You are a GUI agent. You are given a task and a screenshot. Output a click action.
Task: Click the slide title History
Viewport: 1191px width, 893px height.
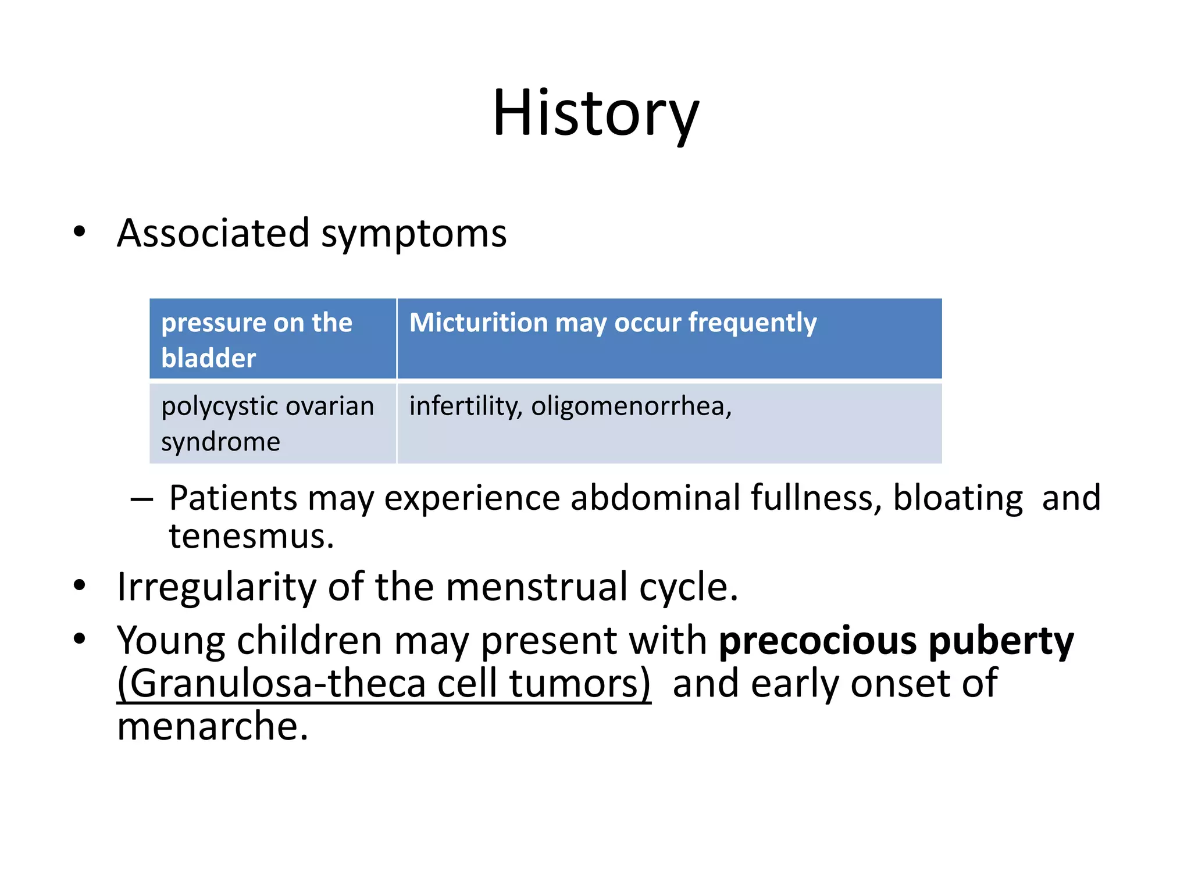[x=595, y=113]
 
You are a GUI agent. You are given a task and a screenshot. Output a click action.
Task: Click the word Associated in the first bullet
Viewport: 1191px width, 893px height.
[x=213, y=233]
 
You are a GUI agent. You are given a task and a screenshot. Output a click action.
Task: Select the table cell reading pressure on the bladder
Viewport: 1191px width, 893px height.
[x=272, y=340]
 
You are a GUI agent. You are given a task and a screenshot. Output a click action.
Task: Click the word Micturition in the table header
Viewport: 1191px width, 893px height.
[x=478, y=322]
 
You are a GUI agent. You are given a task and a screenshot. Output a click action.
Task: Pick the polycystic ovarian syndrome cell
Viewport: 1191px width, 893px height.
[x=272, y=423]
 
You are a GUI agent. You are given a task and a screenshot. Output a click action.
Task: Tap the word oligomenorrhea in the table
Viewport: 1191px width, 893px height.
[x=630, y=406]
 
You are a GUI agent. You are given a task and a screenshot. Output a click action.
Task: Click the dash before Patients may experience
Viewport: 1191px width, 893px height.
[x=141, y=499]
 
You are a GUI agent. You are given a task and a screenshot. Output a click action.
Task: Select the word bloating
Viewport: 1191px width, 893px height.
[x=957, y=498]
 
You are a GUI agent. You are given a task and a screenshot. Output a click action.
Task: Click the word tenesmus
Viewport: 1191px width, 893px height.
[x=251, y=536]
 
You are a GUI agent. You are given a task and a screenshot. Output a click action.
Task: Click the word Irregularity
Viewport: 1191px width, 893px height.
[x=216, y=587]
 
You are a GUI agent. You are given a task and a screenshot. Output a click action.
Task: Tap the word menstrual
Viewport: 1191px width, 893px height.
[x=537, y=587]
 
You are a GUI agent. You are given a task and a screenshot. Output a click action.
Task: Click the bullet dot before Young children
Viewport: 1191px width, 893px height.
[x=80, y=639]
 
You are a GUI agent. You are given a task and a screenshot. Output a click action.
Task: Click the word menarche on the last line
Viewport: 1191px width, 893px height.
[x=212, y=727]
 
